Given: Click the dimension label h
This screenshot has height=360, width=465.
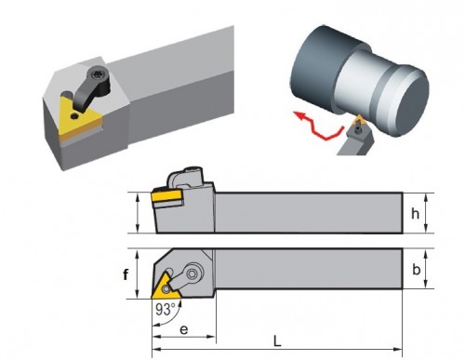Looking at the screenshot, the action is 415,213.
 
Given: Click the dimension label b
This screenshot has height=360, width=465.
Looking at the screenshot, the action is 416,269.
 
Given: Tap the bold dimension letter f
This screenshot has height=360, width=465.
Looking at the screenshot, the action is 126,274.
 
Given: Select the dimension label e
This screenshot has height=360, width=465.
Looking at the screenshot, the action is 183,329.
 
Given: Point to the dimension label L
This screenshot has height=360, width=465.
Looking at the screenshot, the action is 277,341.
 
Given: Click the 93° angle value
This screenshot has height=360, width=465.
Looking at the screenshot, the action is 166,309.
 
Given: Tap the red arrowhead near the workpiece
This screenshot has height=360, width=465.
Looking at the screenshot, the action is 299,115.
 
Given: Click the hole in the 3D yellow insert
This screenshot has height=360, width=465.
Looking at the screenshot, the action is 74,116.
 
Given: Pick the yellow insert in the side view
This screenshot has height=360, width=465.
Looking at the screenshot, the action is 166,196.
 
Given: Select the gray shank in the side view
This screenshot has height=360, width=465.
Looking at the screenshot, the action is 309,213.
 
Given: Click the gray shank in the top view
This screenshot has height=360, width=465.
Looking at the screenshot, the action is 309,269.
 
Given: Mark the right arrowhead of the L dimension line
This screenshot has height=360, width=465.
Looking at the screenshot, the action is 398,350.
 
